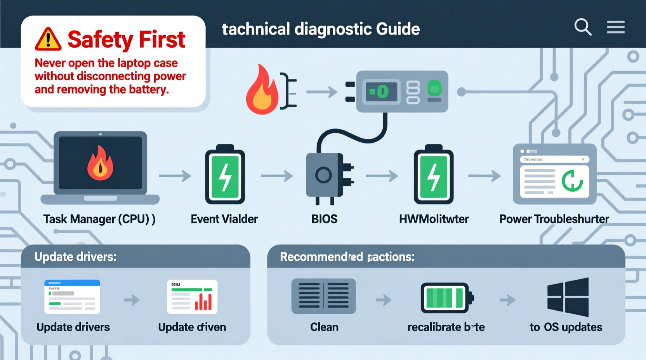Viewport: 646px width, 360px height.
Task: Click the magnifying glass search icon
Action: click(582, 27)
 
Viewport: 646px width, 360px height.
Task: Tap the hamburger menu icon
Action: click(616, 27)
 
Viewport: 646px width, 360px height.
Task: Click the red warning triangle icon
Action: click(48, 39)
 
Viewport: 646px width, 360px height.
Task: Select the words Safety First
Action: click(126, 40)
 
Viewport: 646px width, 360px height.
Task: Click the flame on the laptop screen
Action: click(100, 164)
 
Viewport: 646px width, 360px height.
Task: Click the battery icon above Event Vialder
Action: click(225, 175)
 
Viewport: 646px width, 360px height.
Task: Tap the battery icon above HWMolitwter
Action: click(433, 175)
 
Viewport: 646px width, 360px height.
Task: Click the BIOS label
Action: click(324, 219)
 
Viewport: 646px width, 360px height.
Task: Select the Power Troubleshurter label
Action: click(554, 219)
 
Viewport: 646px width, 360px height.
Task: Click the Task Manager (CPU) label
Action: click(99, 219)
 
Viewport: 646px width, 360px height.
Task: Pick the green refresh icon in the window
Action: click(572, 181)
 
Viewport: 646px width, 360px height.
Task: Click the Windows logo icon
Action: click(568, 297)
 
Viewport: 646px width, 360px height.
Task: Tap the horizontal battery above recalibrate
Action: click(447, 298)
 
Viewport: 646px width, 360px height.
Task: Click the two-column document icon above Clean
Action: click(323, 296)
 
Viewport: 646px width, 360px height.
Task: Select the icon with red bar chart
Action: click(192, 297)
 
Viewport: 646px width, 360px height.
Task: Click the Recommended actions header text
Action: click(347, 257)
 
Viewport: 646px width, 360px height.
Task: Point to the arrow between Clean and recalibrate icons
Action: click(384, 299)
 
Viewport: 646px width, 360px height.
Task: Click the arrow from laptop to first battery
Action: click(175, 176)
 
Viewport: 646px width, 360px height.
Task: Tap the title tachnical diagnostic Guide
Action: click(321, 29)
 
